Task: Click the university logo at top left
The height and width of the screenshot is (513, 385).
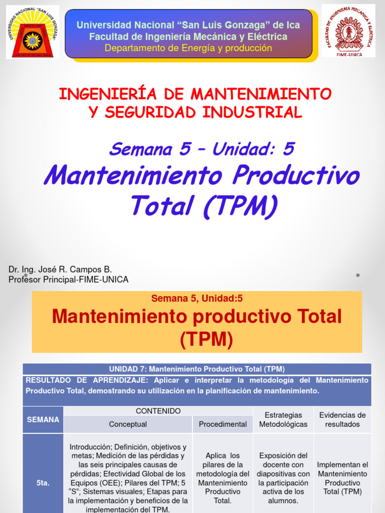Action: [x=33, y=32]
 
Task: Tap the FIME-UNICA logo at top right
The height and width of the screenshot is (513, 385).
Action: [x=348, y=31]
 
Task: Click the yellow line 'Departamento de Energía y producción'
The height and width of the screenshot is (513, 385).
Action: [x=188, y=48]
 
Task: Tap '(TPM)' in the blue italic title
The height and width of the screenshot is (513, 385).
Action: [x=240, y=205]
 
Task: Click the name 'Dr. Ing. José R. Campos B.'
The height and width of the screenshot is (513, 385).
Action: [x=60, y=270]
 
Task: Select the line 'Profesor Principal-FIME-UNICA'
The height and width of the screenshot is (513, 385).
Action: [x=69, y=280]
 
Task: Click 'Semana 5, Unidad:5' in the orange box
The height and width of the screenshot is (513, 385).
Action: [x=197, y=299]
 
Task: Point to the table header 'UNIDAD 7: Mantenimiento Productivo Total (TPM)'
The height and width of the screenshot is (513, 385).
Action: [x=197, y=369]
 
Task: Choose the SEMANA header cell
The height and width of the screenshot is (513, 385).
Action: [x=43, y=420]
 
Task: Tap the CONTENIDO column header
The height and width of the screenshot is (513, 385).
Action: [x=158, y=411]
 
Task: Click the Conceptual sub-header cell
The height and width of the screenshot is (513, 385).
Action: [x=128, y=424]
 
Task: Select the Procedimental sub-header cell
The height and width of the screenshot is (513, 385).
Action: [x=223, y=424]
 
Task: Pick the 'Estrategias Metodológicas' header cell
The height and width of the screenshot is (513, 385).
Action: [x=283, y=420]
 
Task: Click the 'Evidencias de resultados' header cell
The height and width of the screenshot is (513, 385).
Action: [x=342, y=420]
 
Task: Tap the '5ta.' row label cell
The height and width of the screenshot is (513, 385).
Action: [x=43, y=483]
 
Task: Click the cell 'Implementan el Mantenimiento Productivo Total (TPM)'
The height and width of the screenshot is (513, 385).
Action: [x=342, y=478]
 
